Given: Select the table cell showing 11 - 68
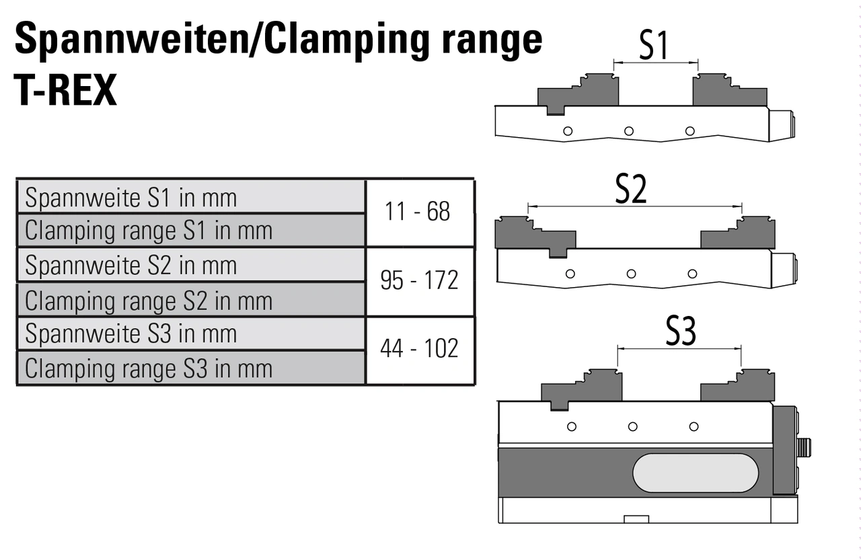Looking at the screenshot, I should pyautogui.click(x=418, y=212).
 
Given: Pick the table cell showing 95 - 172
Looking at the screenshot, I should pyautogui.click(x=419, y=280).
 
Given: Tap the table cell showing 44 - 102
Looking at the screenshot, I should pyautogui.click(x=419, y=349).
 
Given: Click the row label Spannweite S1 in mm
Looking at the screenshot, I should pyautogui.click(x=131, y=198).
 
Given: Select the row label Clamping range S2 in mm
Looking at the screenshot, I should pyautogui.click(x=149, y=301).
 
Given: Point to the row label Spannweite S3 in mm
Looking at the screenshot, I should pyautogui.click(x=131, y=334).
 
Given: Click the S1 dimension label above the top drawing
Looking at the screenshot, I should pyautogui.click(x=654, y=46).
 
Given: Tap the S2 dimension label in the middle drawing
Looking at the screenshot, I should pyautogui.click(x=631, y=190).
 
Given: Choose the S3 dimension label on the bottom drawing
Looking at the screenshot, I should pyautogui.click(x=681, y=332).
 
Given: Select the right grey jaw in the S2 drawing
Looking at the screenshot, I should pyautogui.click(x=737, y=235).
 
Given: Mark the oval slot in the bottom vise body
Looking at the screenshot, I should pyautogui.click(x=695, y=473).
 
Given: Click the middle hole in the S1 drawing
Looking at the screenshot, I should pyautogui.click(x=629, y=131).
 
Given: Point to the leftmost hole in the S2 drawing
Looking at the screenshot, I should pyautogui.click(x=570, y=274).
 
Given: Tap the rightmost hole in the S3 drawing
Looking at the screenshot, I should pyautogui.click(x=694, y=426).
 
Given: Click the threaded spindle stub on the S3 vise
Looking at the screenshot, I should pyautogui.click(x=804, y=446).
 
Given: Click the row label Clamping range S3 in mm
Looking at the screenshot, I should pyautogui.click(x=149, y=368).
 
